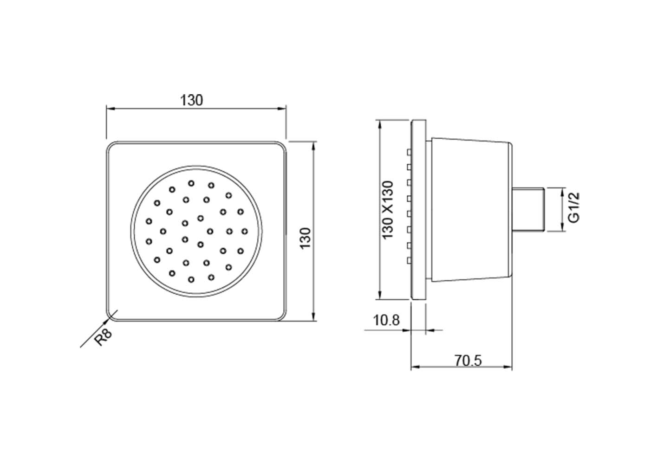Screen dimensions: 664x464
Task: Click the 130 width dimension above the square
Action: point(191,100)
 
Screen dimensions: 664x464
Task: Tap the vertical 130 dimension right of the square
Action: point(306,238)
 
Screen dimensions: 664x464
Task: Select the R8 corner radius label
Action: point(104,337)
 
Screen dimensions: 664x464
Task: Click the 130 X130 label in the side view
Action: point(388,210)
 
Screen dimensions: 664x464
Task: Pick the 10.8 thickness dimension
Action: point(386,320)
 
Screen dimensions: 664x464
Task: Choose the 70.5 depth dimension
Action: point(469,361)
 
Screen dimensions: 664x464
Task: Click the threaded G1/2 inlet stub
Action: point(529,209)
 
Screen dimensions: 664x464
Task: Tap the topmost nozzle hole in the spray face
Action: point(191,183)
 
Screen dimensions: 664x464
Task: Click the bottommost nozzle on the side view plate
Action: point(409,260)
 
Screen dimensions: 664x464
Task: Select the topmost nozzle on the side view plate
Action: point(409,152)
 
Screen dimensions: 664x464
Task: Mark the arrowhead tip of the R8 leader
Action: point(110,318)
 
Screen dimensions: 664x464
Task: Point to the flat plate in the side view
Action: point(418,210)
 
